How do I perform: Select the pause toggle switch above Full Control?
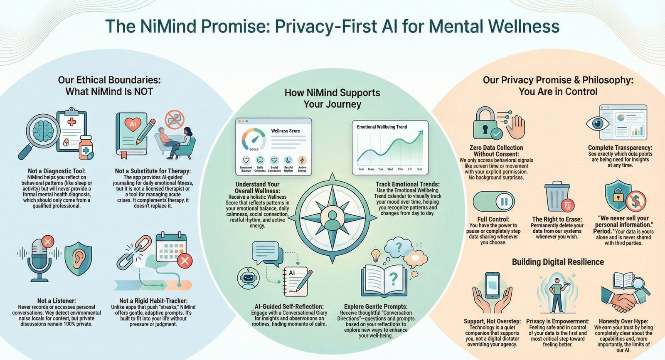point(493,202)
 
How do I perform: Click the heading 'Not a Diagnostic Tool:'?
point(57,171)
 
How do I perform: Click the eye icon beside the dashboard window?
point(598,123)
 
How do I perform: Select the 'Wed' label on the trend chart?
point(390,169)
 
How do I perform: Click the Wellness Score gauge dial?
point(254,140)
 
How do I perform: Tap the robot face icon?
point(248,278)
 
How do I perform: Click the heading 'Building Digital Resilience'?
point(558,262)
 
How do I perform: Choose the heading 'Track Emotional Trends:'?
point(407,184)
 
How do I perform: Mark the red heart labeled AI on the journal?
point(133,124)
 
